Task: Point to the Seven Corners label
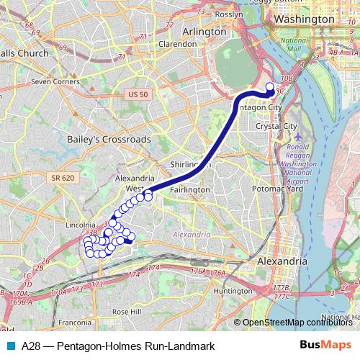pyautogui.click(x=55, y=81)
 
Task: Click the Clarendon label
pyautogui.click(x=178, y=44)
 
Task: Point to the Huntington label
pyautogui.click(x=233, y=291)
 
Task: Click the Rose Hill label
pyautogui.click(x=126, y=312)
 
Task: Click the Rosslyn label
pyautogui.click(x=230, y=14)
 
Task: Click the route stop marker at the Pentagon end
pyautogui.click(x=270, y=89)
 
